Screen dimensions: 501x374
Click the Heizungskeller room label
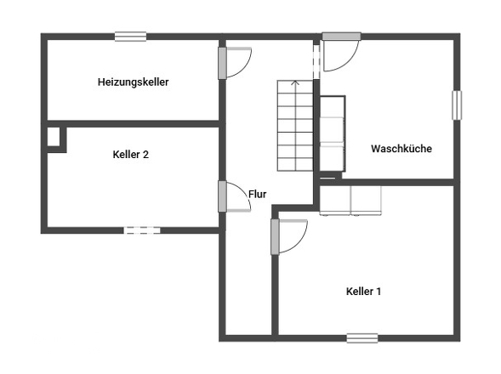point(133,82)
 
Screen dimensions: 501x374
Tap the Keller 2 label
point(131,155)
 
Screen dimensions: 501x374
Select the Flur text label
point(257,194)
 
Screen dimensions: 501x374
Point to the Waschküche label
point(401,149)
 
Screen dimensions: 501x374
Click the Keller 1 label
point(363,292)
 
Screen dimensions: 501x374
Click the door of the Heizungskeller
point(235,63)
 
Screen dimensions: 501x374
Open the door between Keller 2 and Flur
point(234,196)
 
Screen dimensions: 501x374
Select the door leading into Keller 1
point(288,236)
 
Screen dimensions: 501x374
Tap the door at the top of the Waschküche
point(341,51)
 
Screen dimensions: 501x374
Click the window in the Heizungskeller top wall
point(131,37)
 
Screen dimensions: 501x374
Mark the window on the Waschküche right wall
point(457,105)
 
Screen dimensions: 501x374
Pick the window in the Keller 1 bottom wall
point(362,338)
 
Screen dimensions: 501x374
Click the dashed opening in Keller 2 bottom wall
point(142,230)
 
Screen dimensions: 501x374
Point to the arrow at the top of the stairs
point(295,83)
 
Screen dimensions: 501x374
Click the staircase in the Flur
point(295,126)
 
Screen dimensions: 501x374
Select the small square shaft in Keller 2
point(54,137)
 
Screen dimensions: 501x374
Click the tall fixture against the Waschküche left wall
point(333,133)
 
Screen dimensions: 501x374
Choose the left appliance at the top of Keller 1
point(335,201)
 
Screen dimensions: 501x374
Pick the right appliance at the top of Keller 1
point(366,201)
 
